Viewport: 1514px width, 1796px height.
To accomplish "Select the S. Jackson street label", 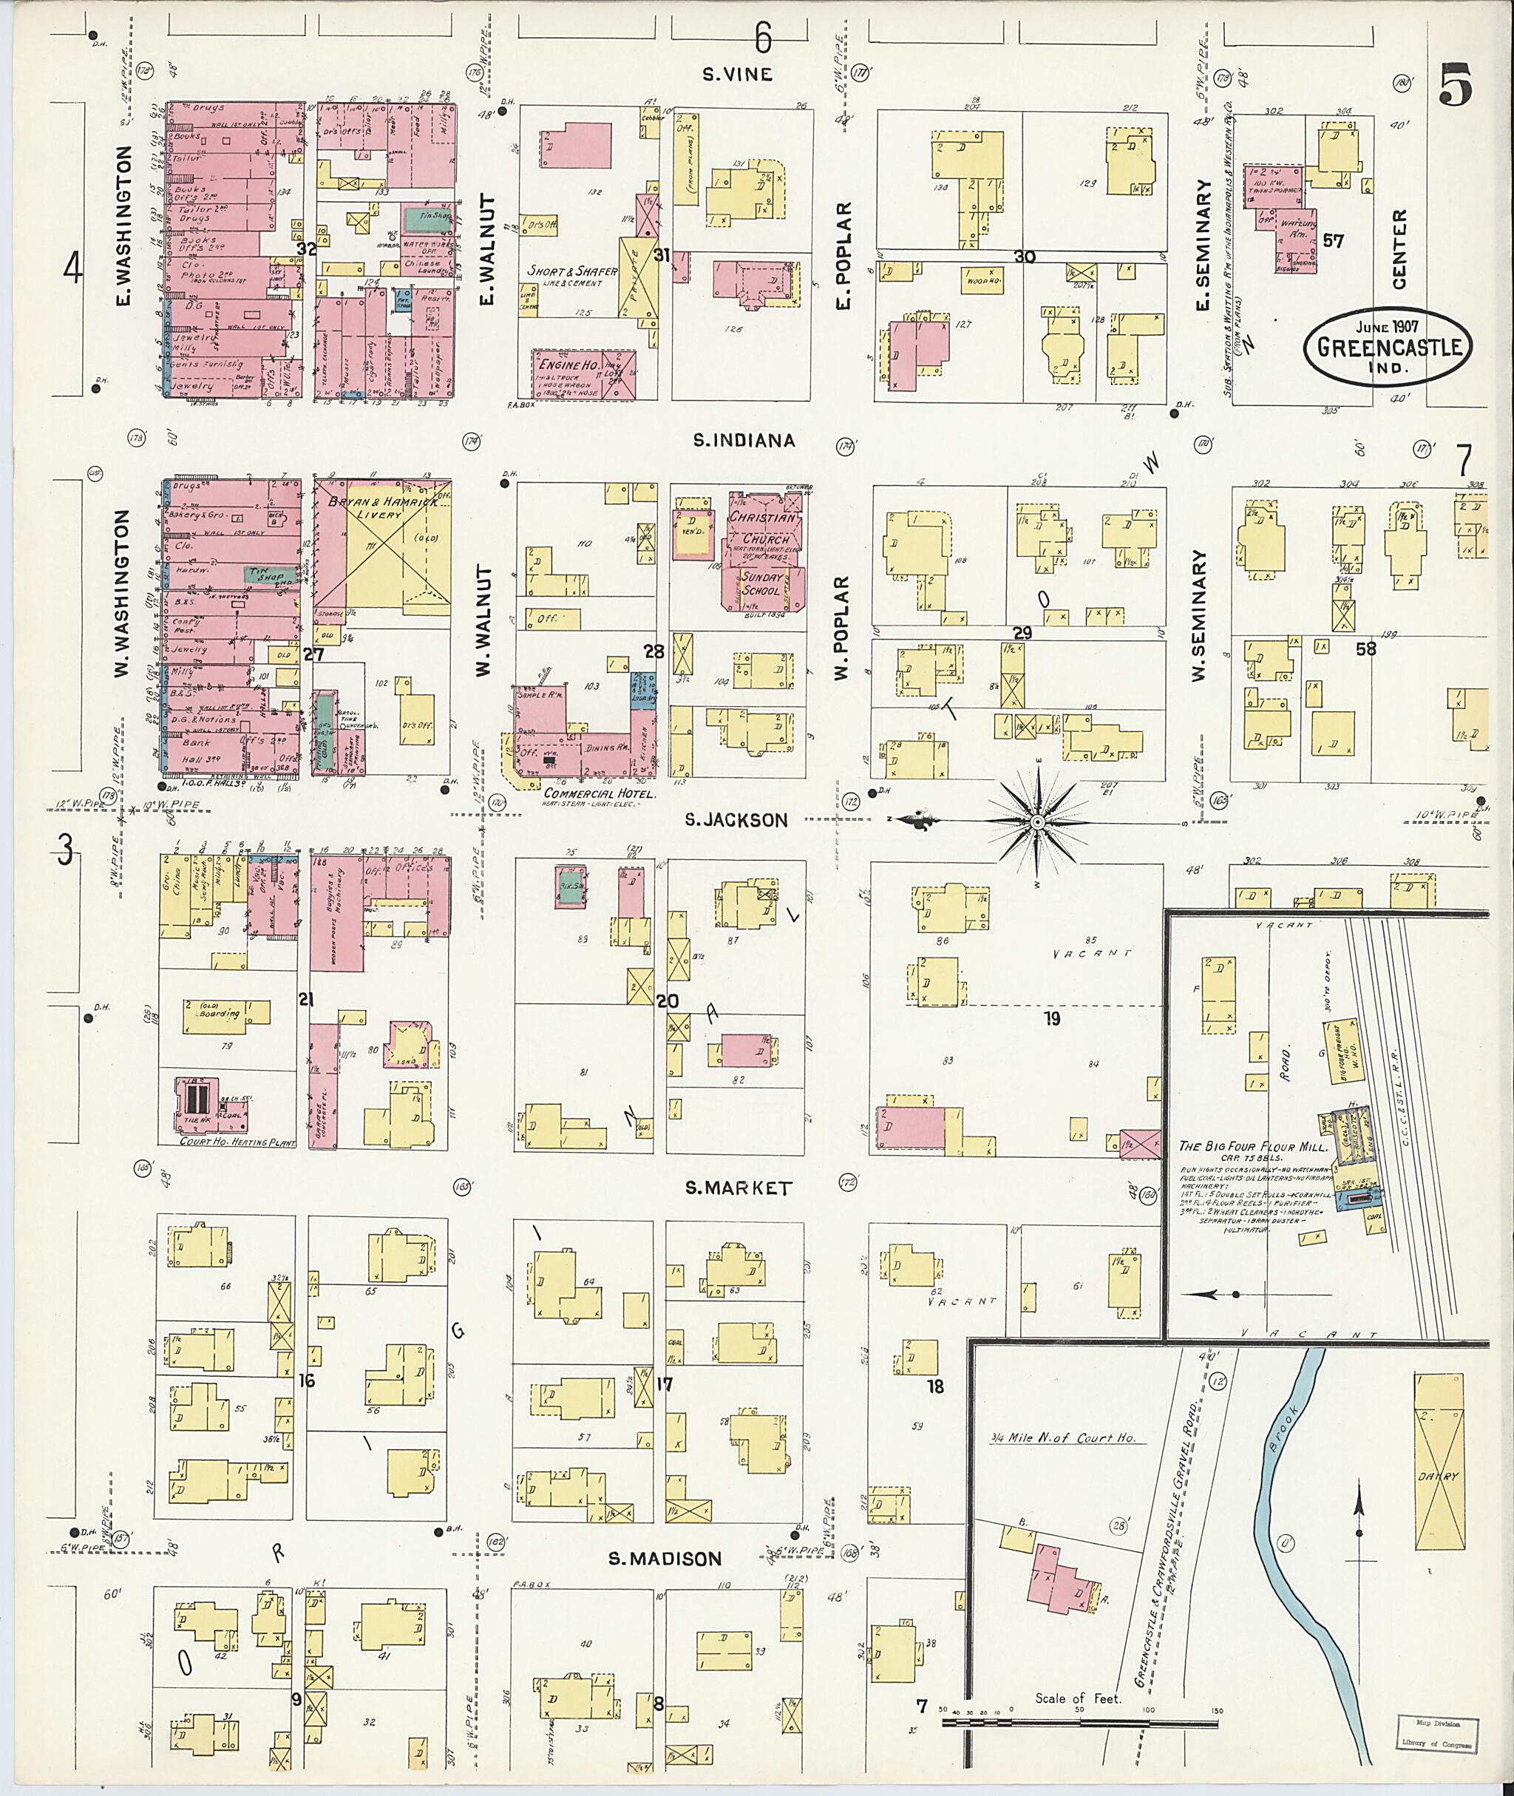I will [736, 820].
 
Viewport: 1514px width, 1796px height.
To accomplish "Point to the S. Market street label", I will [738, 1188].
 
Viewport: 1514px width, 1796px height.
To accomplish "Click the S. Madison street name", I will [665, 1558].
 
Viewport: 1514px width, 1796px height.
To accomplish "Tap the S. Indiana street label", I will [744, 441].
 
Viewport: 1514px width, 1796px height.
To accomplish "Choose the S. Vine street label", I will [737, 74].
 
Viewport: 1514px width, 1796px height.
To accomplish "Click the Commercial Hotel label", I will [600, 795].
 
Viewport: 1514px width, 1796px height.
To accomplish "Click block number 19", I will [1051, 1019].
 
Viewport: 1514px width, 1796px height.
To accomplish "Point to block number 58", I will [1365, 649].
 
